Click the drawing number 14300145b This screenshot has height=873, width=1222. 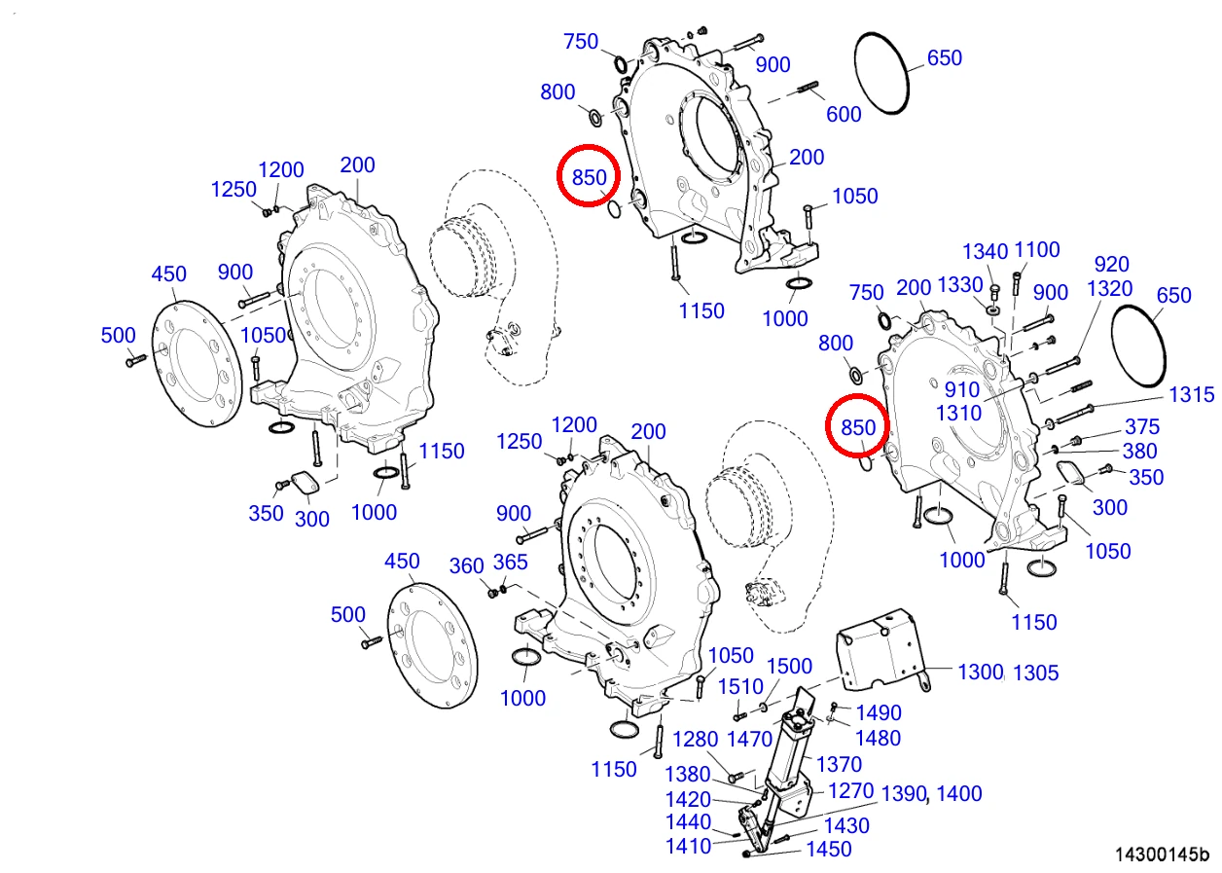pyautogui.click(x=1162, y=854)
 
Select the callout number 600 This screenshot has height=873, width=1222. pyautogui.click(x=844, y=115)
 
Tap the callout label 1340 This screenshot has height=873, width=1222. pyautogui.click(x=985, y=251)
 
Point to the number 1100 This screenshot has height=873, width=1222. pyautogui.click(x=1036, y=250)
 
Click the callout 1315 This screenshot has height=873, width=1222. pyautogui.click(x=1192, y=394)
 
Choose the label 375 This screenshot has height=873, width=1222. pyautogui.click(x=1142, y=426)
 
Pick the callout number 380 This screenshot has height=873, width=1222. pyautogui.click(x=1139, y=452)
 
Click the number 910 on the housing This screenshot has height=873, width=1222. pyautogui.click(x=962, y=390)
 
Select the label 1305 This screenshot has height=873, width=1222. pyautogui.click(x=1035, y=673)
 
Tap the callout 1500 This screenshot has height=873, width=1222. pyautogui.click(x=789, y=667)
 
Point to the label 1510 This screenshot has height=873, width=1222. pyautogui.click(x=740, y=687)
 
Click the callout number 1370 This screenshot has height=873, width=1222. pyautogui.click(x=839, y=764)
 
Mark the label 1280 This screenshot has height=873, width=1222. pyautogui.click(x=695, y=740)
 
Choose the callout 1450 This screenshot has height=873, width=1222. pyautogui.click(x=829, y=850)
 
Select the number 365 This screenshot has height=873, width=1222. pyautogui.click(x=510, y=562)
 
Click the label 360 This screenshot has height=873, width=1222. pyautogui.click(x=466, y=565)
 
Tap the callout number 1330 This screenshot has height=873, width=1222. pyautogui.click(x=960, y=285)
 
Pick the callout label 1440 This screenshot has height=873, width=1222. pyautogui.click(x=688, y=822)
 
